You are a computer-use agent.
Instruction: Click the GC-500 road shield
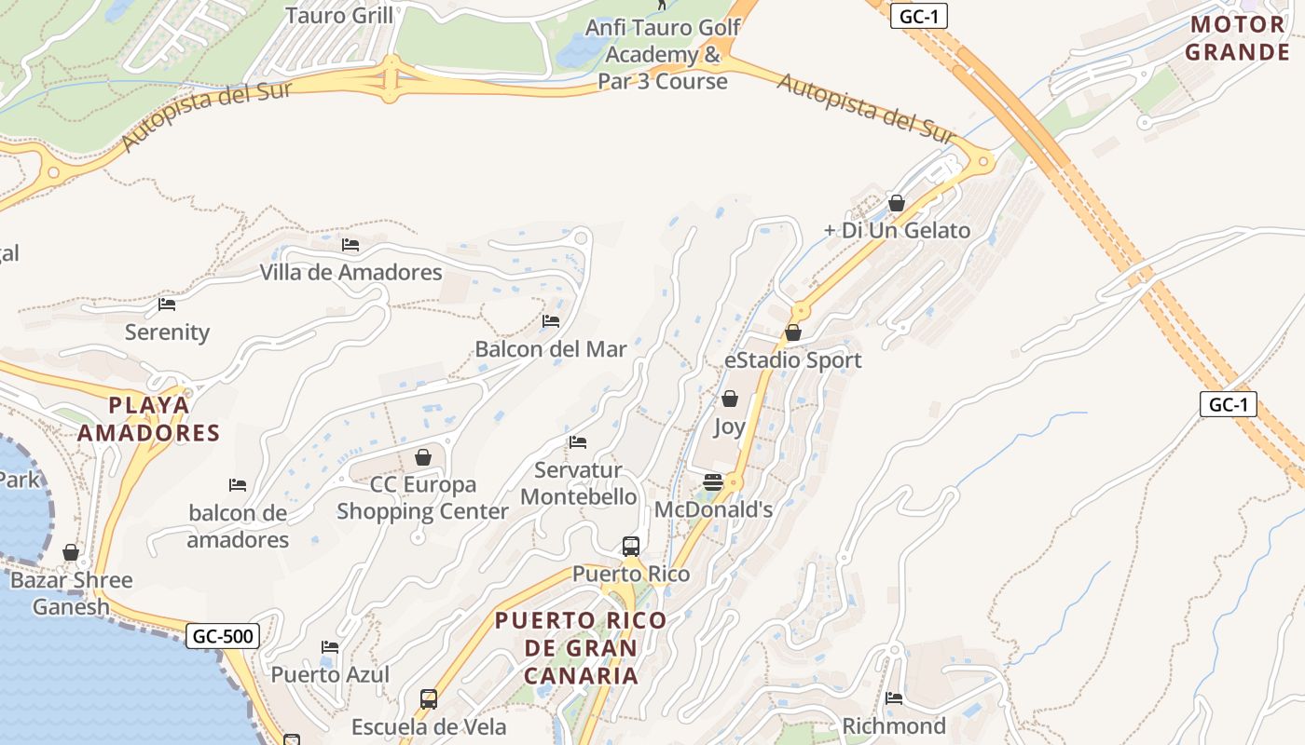click(x=223, y=637)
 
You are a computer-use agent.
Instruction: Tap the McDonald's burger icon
click(x=713, y=481)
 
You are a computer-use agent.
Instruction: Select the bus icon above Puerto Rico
click(x=631, y=546)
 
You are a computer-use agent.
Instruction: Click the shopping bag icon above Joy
click(x=730, y=399)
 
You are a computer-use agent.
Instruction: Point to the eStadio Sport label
click(x=792, y=360)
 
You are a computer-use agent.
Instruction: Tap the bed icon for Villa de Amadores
click(x=350, y=245)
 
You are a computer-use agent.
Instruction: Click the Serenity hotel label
click(x=168, y=332)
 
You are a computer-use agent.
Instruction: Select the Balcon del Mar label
click(x=551, y=349)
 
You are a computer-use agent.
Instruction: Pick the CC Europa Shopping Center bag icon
click(x=423, y=457)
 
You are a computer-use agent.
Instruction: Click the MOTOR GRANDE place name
click(x=1237, y=38)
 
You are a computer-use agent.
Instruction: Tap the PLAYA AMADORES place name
click(x=149, y=419)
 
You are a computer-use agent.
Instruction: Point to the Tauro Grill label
click(x=339, y=16)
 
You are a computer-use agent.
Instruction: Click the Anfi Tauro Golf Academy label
click(x=663, y=54)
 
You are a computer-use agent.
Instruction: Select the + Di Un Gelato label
click(x=898, y=231)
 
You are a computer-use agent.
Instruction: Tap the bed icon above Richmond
click(x=894, y=698)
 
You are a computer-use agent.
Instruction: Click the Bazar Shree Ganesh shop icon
click(x=71, y=552)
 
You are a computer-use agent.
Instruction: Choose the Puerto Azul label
click(x=330, y=674)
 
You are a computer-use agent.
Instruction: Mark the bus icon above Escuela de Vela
click(x=429, y=698)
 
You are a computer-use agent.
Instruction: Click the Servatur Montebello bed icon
click(x=578, y=442)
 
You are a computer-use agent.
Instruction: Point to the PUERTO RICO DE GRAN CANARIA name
click(x=581, y=648)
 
